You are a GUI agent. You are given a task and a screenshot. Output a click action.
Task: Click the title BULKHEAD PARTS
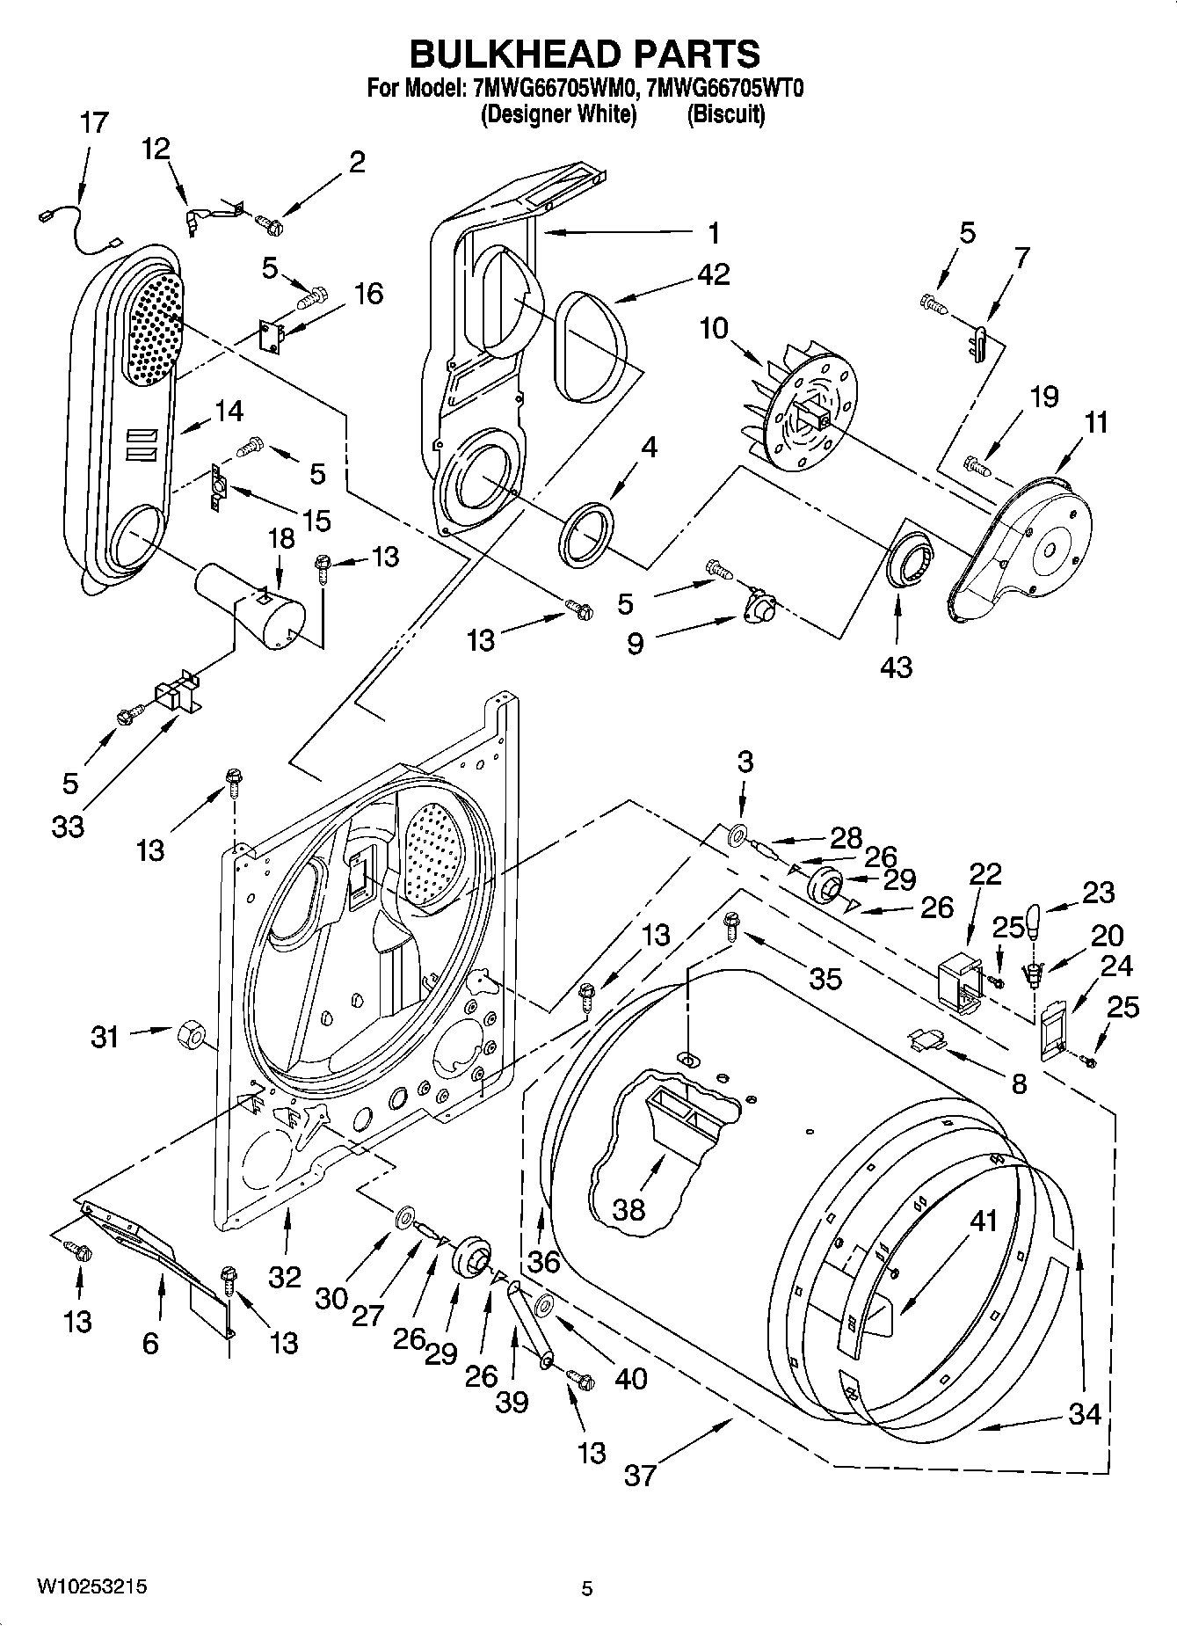point(585,54)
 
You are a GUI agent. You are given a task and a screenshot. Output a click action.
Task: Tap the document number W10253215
point(91,1587)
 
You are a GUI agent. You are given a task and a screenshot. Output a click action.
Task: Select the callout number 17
point(94,122)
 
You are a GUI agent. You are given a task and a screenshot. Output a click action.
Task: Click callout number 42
point(713,274)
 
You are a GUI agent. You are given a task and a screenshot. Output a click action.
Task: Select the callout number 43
point(896,667)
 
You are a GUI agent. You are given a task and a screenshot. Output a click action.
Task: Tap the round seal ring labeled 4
point(587,535)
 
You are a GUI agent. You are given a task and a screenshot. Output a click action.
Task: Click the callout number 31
point(105,1037)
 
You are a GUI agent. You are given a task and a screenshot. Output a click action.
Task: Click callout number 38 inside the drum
point(629,1210)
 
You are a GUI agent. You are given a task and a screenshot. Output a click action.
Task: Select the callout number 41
point(984,1221)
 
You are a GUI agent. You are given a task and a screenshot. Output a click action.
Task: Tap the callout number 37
point(640,1474)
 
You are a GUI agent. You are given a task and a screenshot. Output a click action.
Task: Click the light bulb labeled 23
point(1035,921)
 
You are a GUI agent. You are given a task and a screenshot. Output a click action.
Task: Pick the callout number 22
point(985,874)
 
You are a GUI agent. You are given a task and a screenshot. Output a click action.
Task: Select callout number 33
point(68,826)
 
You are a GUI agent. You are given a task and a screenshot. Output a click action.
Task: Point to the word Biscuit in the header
point(726,114)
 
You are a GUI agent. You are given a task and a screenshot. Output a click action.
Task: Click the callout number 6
point(150,1343)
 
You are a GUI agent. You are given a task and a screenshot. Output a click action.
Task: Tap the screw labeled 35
point(730,924)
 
